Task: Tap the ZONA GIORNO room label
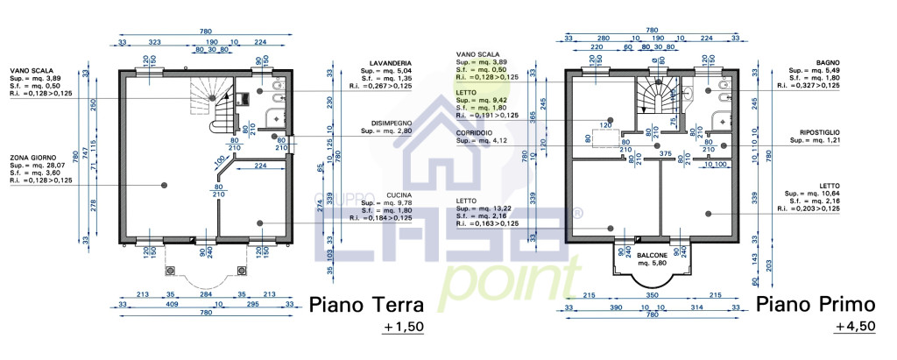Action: [32, 158]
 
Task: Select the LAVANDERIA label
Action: [392, 64]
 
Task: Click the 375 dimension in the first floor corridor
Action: [665, 154]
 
